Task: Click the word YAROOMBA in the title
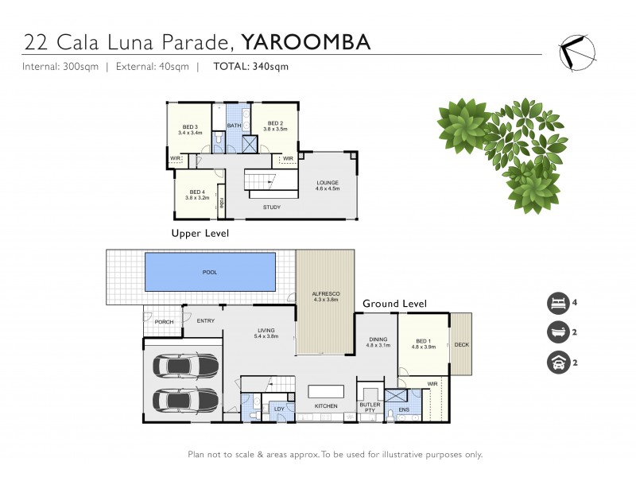tap(306, 41)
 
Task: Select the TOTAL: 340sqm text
tap(250, 67)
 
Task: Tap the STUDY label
tap(273, 207)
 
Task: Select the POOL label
tap(210, 272)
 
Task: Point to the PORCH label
tap(165, 322)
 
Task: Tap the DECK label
tap(461, 345)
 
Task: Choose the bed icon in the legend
tap(556, 303)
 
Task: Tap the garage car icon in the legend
tap(556, 362)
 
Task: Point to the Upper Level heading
tap(200, 234)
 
